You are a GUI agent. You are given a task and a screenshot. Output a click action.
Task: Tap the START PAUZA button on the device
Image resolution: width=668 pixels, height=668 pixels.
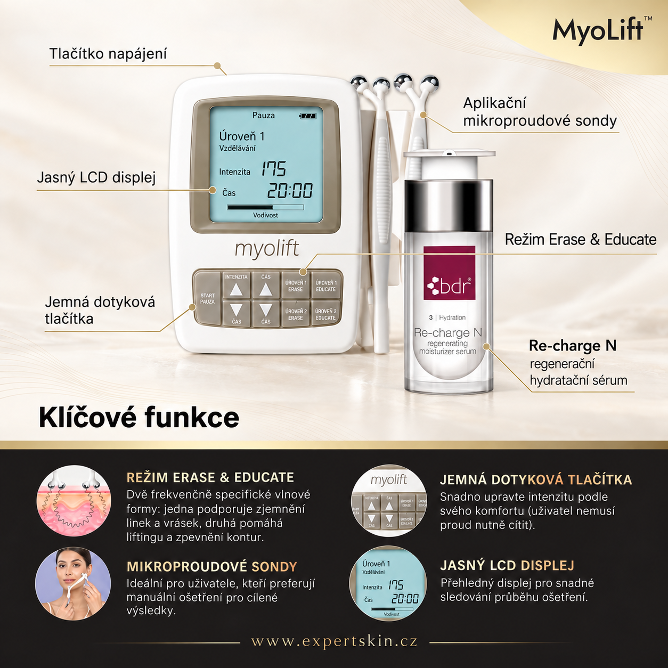coord(207,298)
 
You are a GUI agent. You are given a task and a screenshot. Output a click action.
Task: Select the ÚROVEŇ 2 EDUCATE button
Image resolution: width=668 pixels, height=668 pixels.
coord(325,314)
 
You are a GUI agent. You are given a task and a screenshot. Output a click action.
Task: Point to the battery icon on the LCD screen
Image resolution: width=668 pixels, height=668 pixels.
coord(308,116)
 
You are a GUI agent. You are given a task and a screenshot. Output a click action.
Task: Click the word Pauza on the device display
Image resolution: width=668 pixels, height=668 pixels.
coord(264,116)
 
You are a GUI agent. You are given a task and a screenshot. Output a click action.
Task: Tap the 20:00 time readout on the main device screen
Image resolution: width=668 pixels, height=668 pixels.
coord(290,191)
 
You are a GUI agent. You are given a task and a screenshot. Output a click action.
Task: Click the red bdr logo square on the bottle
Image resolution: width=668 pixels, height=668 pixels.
coord(449,273)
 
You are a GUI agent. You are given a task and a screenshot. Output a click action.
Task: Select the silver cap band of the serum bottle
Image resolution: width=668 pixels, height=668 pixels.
coord(449,206)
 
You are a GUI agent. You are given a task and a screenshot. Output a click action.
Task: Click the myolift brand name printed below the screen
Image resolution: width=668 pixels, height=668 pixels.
coord(266,248)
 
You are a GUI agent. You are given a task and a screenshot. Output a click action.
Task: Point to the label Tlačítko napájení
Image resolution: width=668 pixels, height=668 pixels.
coord(108,54)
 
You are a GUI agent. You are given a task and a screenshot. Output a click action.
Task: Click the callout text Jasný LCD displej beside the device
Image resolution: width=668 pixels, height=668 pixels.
coord(96,177)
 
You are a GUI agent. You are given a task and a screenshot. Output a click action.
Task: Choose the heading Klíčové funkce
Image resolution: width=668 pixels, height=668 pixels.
coord(139,418)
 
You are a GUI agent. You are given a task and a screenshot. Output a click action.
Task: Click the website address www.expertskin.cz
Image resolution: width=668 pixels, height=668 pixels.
coord(335,641)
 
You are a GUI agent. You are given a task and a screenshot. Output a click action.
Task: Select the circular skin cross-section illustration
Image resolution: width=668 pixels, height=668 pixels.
coord(74,501)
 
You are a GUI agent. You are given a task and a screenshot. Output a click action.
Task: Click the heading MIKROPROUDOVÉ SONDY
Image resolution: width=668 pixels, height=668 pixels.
coord(212,567)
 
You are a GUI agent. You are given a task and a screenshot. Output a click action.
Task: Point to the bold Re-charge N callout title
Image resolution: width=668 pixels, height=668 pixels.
coord(573,346)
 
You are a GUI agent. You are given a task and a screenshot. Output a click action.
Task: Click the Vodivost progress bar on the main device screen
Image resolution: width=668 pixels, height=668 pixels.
coord(265,207)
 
